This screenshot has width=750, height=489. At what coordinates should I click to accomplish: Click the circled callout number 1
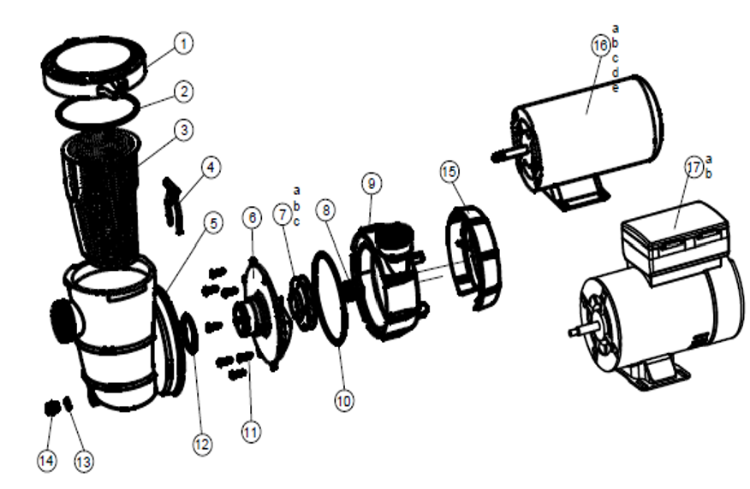(183, 44)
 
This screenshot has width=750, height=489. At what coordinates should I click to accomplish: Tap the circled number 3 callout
(184, 130)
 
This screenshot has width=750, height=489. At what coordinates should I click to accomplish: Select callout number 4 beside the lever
(211, 168)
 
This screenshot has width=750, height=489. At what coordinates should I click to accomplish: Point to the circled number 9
(372, 183)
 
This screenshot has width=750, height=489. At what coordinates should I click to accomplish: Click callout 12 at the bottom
(202, 445)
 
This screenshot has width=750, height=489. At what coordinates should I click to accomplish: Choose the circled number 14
(46, 461)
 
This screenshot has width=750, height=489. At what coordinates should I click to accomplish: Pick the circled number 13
(84, 462)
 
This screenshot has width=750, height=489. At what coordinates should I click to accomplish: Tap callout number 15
(449, 172)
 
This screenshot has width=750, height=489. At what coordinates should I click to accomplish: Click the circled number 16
(601, 45)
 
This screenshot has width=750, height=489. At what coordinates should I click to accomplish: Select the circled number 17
(694, 168)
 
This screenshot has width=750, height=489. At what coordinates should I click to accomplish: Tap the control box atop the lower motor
(676, 238)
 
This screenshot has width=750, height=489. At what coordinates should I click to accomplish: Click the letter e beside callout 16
(616, 88)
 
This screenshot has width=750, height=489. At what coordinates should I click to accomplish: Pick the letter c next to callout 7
(296, 222)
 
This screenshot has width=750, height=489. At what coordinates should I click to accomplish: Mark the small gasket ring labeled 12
(189, 333)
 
